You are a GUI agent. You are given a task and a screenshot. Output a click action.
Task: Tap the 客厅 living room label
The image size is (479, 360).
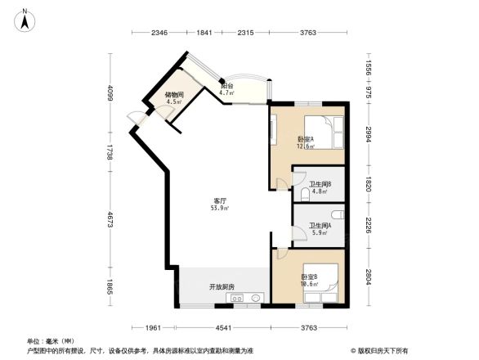pos(220,201)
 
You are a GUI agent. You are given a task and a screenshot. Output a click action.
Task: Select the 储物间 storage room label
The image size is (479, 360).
pos(173,95)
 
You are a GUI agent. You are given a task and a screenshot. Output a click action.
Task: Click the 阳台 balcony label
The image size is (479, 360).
pos(227,86)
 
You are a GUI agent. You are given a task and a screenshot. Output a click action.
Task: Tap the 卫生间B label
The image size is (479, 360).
pos(319,183)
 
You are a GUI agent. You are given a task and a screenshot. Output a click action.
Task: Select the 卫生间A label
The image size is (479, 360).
pos(319,226)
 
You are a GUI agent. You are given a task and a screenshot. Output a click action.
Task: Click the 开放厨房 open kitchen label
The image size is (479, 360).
pos(222,286)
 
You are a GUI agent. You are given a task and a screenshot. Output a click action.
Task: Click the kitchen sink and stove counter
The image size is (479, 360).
pos(246,299)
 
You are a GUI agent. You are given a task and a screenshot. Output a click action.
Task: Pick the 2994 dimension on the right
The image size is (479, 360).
pos(369,135)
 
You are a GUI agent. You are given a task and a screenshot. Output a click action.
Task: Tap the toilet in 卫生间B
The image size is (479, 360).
pos(303,193)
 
